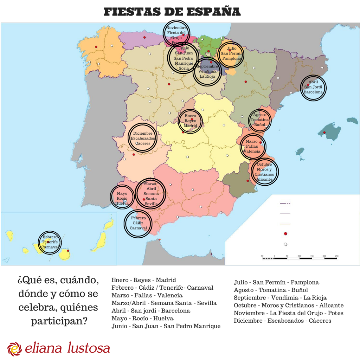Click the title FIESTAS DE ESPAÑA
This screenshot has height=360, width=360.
click(172, 12)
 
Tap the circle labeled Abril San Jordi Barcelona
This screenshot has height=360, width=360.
click(313, 88)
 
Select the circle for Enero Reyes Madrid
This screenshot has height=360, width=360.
click(191, 121)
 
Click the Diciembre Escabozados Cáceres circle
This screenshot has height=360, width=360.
click(143, 139)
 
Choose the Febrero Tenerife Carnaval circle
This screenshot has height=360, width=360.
click(50, 242)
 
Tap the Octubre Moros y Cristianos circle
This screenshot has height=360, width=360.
click(264, 172)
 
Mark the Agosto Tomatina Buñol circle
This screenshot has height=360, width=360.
click(260, 120)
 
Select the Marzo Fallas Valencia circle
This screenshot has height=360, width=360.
click(252, 146)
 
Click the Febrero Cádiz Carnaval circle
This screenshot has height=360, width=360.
click(138, 223)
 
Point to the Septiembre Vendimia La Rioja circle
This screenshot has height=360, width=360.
click(207, 72)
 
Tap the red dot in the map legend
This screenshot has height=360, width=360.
click(285, 233)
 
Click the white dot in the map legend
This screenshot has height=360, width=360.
click(285, 244)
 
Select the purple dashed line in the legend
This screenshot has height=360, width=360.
click(285, 204)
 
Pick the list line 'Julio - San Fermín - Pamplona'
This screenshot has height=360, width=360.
click(276, 282)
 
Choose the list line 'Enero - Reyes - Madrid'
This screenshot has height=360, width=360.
click(143, 280)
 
